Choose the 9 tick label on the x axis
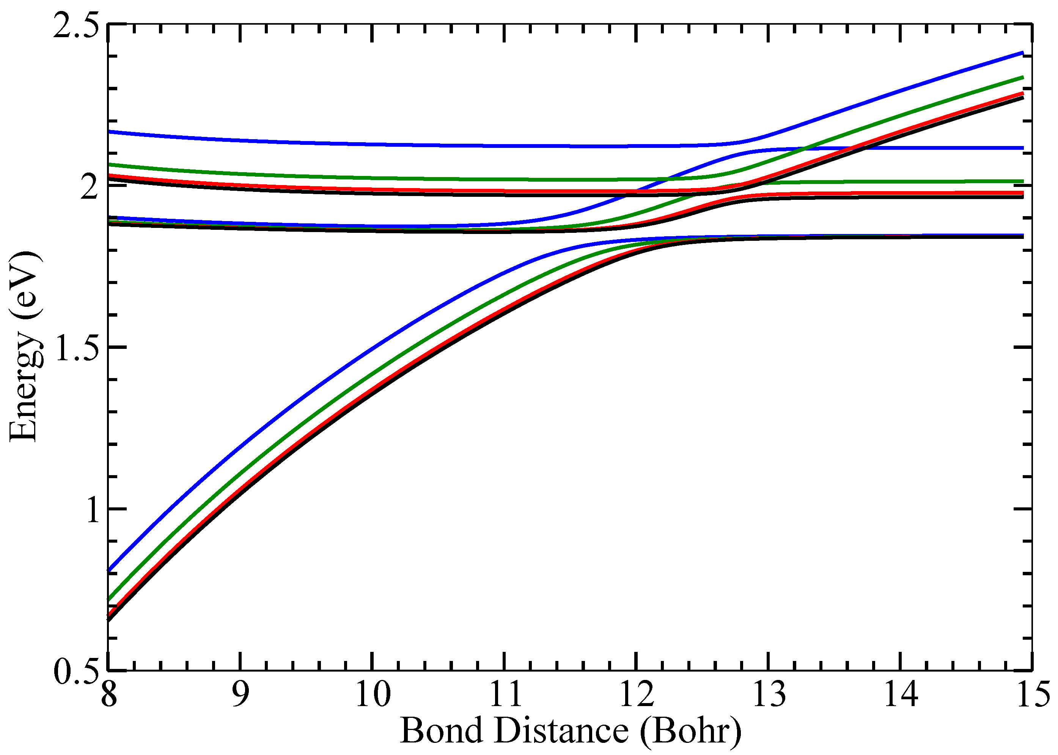point(240,694)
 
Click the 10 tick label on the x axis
point(372,694)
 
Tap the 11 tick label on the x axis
point(504,694)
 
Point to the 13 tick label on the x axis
point(768,694)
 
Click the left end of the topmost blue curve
point(110,132)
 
